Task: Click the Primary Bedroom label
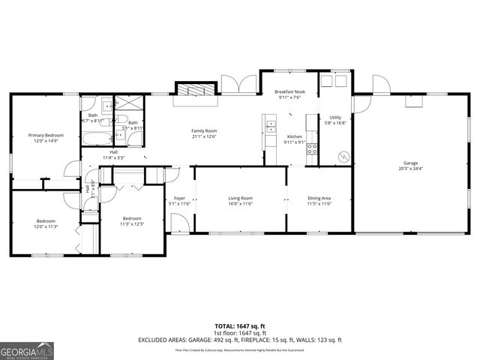point(46,135)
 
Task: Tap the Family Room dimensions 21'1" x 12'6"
point(204,136)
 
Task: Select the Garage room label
point(409,163)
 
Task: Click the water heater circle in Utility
point(343,157)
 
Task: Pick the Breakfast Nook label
point(289,91)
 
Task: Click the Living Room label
point(240,198)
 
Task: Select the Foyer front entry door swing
point(179,222)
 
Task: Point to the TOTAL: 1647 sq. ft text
point(240,326)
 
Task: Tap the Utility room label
point(334,118)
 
